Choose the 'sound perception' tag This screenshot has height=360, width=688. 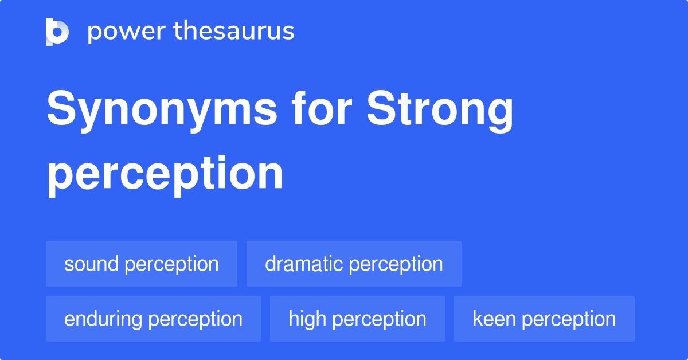tap(142, 264)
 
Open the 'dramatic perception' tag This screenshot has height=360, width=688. tap(354, 264)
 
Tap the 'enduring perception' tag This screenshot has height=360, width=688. tap(153, 319)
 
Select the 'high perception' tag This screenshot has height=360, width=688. tap(357, 319)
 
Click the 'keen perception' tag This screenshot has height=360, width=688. tap(544, 319)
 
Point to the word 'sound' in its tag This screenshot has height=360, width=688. tap(92, 264)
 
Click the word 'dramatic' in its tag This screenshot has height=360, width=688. tap(304, 264)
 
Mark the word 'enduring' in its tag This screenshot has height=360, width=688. tap(103, 319)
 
